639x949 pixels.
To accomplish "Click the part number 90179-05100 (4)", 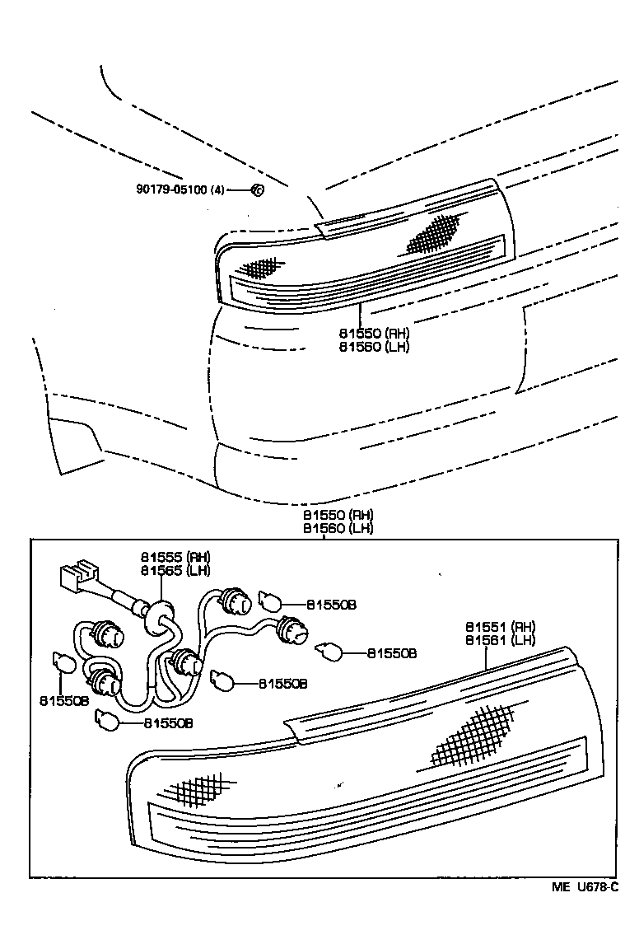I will pyautogui.click(x=180, y=189).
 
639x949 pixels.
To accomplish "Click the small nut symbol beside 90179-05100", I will pyautogui.click(x=256, y=189).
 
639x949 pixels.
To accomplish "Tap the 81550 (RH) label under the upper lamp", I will pyautogui.click(x=374, y=334).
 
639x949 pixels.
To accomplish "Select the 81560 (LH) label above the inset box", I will pyautogui.click(x=338, y=528).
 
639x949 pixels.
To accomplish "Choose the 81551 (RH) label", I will pyautogui.click(x=501, y=626).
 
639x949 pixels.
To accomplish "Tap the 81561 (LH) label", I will pyautogui.click(x=501, y=640).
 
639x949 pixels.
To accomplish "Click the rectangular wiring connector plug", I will pyautogui.click(x=79, y=577).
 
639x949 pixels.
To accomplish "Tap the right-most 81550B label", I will pyautogui.click(x=391, y=653).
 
